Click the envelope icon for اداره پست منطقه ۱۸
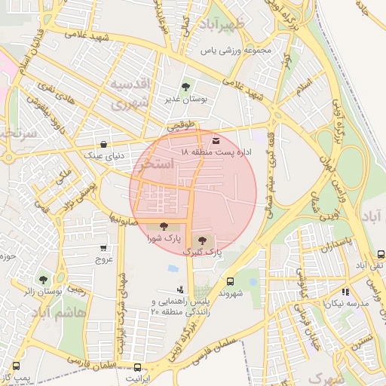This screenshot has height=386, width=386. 217,140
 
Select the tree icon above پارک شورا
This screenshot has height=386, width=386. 164,225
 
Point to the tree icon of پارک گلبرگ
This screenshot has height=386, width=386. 201,240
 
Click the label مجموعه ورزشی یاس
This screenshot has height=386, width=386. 234,52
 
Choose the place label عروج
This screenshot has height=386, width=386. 103,259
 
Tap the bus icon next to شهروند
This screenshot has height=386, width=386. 230,280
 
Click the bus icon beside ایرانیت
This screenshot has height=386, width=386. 136,367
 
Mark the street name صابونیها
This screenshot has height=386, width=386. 122,219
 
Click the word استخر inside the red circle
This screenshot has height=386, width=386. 157,164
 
